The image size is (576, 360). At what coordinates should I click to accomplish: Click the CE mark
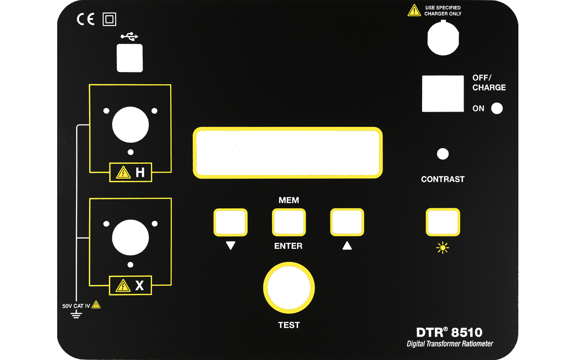[x=85, y=19]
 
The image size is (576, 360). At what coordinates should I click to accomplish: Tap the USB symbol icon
[x=129, y=36]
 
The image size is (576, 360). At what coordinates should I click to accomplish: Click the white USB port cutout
[x=130, y=58]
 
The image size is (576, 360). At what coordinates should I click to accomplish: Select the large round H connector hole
[x=130, y=125]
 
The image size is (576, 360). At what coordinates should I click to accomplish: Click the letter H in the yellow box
[x=140, y=172]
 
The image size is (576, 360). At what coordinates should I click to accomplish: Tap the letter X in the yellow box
[x=139, y=285]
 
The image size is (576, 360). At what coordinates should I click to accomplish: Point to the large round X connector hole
[x=130, y=237]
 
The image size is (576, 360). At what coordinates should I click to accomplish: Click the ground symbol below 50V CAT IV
[x=76, y=314]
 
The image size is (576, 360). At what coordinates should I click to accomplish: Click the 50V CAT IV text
[x=76, y=306]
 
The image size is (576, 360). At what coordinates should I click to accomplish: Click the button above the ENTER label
[x=289, y=222]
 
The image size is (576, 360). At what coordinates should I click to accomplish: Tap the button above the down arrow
[x=230, y=222]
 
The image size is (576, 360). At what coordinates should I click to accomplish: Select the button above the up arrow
[x=347, y=222]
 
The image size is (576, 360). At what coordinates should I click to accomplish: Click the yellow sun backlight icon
[x=442, y=247]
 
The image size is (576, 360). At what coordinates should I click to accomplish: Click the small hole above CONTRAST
[x=442, y=154]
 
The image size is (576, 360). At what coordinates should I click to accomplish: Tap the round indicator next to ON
[x=497, y=108]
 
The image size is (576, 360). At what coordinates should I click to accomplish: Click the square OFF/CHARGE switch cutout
[x=443, y=94]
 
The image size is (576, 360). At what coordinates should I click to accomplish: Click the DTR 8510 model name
[x=449, y=332]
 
